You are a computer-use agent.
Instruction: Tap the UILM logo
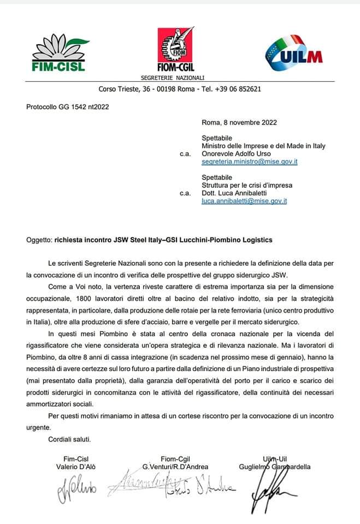(x=293, y=53)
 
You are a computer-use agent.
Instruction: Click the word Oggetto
(x=38, y=240)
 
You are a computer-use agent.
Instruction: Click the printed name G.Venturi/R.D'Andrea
(x=175, y=467)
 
